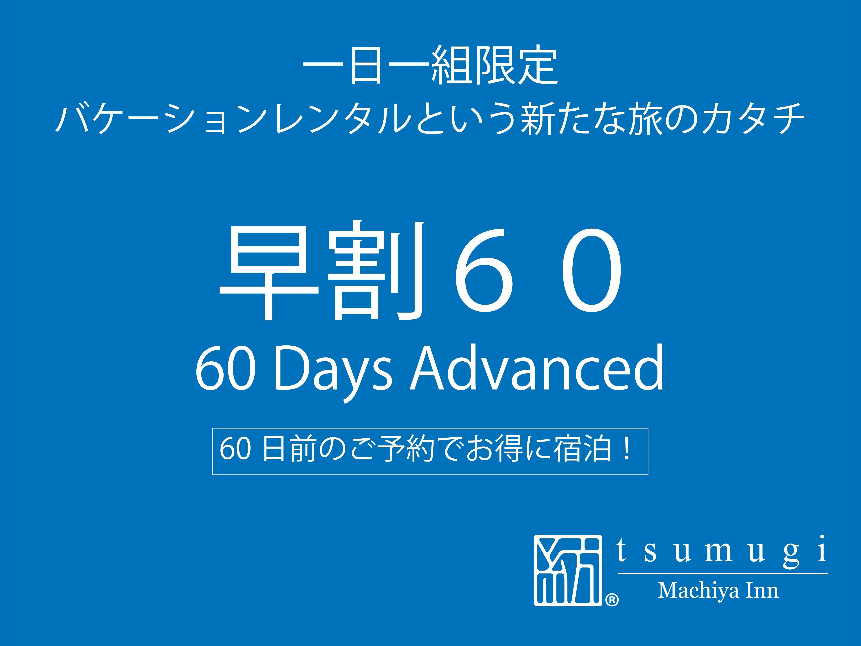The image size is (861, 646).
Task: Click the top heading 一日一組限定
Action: [430, 65]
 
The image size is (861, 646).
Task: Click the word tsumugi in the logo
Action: [722, 550]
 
